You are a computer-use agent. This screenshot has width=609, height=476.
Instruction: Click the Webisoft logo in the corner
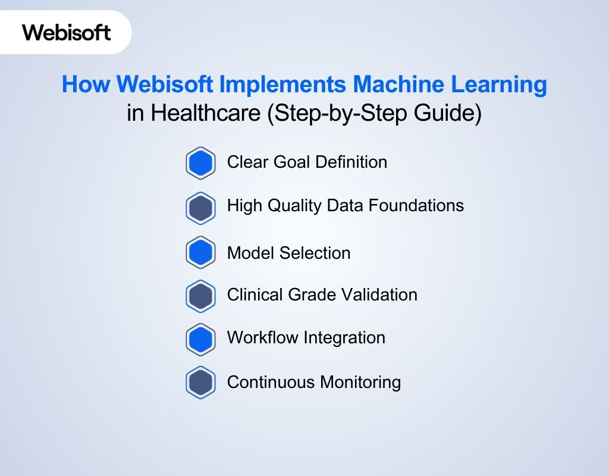(x=67, y=32)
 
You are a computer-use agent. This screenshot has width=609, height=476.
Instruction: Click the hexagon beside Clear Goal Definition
(x=200, y=163)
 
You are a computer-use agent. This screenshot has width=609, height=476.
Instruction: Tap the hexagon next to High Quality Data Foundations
(x=200, y=207)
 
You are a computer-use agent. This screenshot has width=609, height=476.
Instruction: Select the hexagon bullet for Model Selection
(x=200, y=253)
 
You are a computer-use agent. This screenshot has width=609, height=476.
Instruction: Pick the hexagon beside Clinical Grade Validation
(x=200, y=296)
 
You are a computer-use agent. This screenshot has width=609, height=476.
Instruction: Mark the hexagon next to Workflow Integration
(x=200, y=339)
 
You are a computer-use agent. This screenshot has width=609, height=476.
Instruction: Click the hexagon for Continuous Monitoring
(x=200, y=383)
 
